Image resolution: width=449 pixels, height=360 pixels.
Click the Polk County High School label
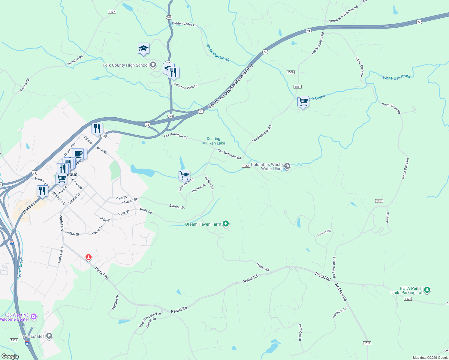(125, 65)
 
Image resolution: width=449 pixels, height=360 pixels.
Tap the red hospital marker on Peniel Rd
(88, 257)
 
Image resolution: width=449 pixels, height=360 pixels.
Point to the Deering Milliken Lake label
(213, 141)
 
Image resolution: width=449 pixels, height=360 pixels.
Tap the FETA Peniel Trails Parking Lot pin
(427, 290)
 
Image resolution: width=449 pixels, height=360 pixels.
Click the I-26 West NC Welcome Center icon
(34, 316)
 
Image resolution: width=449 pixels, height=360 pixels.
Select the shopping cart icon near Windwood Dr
(184, 175)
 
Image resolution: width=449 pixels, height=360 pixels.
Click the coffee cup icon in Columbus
(78, 154)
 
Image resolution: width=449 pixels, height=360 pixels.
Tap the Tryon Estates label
(32, 336)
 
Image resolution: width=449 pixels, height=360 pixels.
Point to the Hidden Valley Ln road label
(184, 24)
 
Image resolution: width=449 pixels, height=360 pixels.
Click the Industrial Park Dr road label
(185, 86)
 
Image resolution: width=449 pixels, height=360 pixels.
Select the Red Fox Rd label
(341, 292)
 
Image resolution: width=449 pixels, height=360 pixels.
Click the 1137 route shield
(112, 12)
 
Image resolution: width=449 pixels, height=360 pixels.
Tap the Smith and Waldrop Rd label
(343, 14)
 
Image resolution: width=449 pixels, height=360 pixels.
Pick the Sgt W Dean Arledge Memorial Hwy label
(231, 86)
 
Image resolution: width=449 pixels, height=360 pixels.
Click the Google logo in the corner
(10, 356)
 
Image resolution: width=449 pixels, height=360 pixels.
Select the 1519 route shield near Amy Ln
(379, 201)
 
